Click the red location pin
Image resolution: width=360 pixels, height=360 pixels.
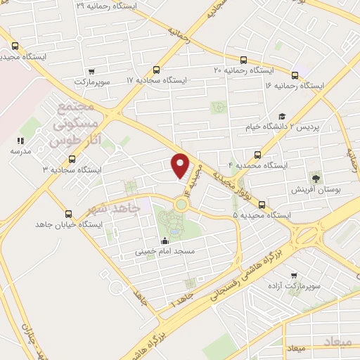[181, 165]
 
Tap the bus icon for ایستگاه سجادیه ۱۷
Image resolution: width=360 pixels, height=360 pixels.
[155, 69]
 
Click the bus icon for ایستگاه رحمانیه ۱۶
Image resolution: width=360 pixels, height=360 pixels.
[295, 75]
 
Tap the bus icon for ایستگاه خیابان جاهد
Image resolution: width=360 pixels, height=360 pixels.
[68, 213]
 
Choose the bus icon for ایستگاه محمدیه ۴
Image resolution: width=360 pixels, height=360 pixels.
[257, 155]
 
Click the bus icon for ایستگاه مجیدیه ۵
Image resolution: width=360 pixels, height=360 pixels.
[261, 205]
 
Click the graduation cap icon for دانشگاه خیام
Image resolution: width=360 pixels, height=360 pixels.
[281, 117]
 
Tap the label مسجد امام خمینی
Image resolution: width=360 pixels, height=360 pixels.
[165, 250]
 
